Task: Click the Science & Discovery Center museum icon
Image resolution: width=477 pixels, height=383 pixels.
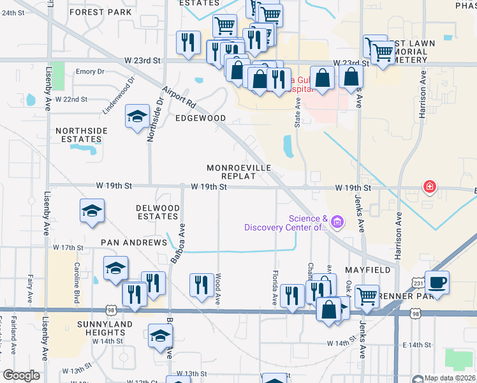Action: point(337,222)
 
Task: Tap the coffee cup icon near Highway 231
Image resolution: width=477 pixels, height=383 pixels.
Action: point(437,282)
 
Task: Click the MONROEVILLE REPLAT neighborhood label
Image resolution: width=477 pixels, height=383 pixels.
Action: point(238,172)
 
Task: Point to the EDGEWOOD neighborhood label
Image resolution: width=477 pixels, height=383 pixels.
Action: point(201,118)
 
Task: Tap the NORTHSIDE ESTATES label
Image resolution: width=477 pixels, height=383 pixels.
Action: point(82,135)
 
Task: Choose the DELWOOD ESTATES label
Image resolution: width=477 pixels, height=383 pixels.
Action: point(158,213)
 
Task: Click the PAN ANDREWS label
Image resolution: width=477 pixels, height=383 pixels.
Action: point(133,243)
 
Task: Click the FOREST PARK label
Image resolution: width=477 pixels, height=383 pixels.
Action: point(101,12)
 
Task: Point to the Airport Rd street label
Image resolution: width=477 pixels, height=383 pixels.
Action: point(178,96)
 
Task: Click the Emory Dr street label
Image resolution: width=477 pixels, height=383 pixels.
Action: point(90,72)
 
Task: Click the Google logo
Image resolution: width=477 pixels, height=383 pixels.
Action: point(21,375)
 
